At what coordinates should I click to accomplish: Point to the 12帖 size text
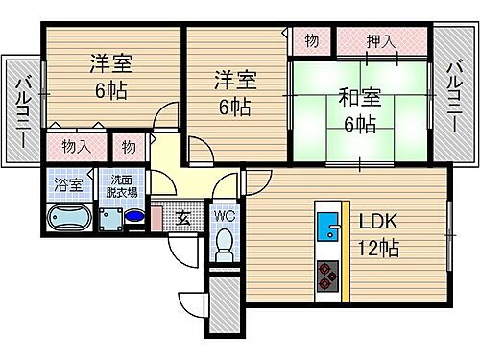(378, 248)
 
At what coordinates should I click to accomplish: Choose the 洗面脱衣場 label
(121, 183)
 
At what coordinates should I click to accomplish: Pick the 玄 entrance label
(183, 219)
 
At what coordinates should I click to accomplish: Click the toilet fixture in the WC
(226, 244)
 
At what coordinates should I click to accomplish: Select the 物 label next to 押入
(312, 41)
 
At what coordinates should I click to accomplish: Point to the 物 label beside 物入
(127, 148)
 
